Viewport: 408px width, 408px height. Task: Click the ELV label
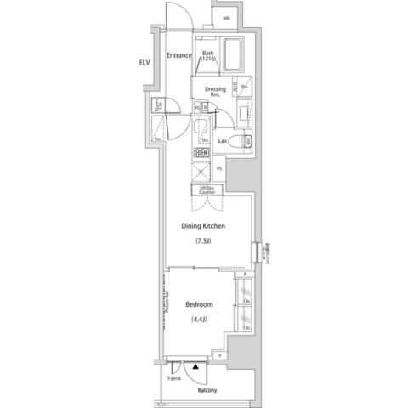point(144,63)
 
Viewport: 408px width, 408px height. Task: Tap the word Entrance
point(178,56)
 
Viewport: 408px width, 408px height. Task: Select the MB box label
point(225,18)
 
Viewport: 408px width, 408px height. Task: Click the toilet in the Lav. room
point(241,141)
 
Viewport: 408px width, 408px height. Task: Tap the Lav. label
point(223,140)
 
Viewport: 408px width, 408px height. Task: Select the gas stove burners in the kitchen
point(202,154)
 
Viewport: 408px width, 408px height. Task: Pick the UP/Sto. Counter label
point(207,190)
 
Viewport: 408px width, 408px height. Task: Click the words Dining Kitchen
point(202,226)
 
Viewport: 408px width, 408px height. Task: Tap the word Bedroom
point(198,303)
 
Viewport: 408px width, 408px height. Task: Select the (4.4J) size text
point(197,319)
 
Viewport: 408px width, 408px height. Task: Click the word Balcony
point(208,390)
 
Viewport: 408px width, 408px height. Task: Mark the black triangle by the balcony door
point(195,366)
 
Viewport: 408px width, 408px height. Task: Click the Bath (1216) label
point(209,58)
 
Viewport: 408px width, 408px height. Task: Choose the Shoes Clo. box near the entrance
point(158,107)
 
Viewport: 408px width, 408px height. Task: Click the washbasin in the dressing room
point(244,110)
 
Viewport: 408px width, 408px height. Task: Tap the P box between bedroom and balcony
point(220,355)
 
